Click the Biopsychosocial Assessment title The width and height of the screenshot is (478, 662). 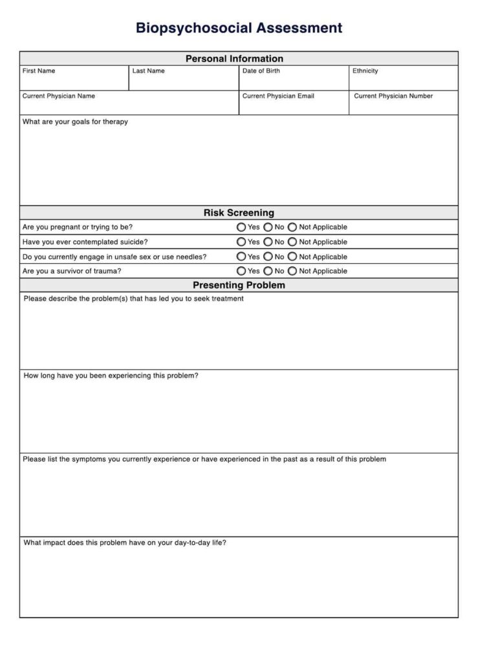[239, 28]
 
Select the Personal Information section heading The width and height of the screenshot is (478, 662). [234, 59]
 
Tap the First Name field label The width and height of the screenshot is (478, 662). [39, 71]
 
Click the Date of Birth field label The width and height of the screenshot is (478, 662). [261, 71]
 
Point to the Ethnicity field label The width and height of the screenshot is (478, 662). [365, 71]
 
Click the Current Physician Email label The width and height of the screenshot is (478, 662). [278, 96]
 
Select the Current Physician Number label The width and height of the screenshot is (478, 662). [393, 96]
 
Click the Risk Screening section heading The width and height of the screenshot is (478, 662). [239, 213]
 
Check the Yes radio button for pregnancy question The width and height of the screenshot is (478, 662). [241, 228]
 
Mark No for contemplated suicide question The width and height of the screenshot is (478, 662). [268, 242]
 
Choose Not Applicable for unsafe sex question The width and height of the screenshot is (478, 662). [292, 257]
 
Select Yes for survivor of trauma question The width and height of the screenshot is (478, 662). [241, 272]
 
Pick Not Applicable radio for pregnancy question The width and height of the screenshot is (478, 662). [292, 228]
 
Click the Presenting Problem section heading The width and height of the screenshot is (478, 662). [239, 285]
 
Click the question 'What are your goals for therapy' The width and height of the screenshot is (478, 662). [75, 122]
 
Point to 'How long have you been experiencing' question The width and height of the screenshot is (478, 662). [111, 376]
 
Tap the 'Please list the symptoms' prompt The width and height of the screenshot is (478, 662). [204, 460]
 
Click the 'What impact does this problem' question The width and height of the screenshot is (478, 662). [125, 543]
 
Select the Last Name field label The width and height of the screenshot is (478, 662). [148, 71]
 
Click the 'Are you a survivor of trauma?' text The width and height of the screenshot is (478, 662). [71, 272]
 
